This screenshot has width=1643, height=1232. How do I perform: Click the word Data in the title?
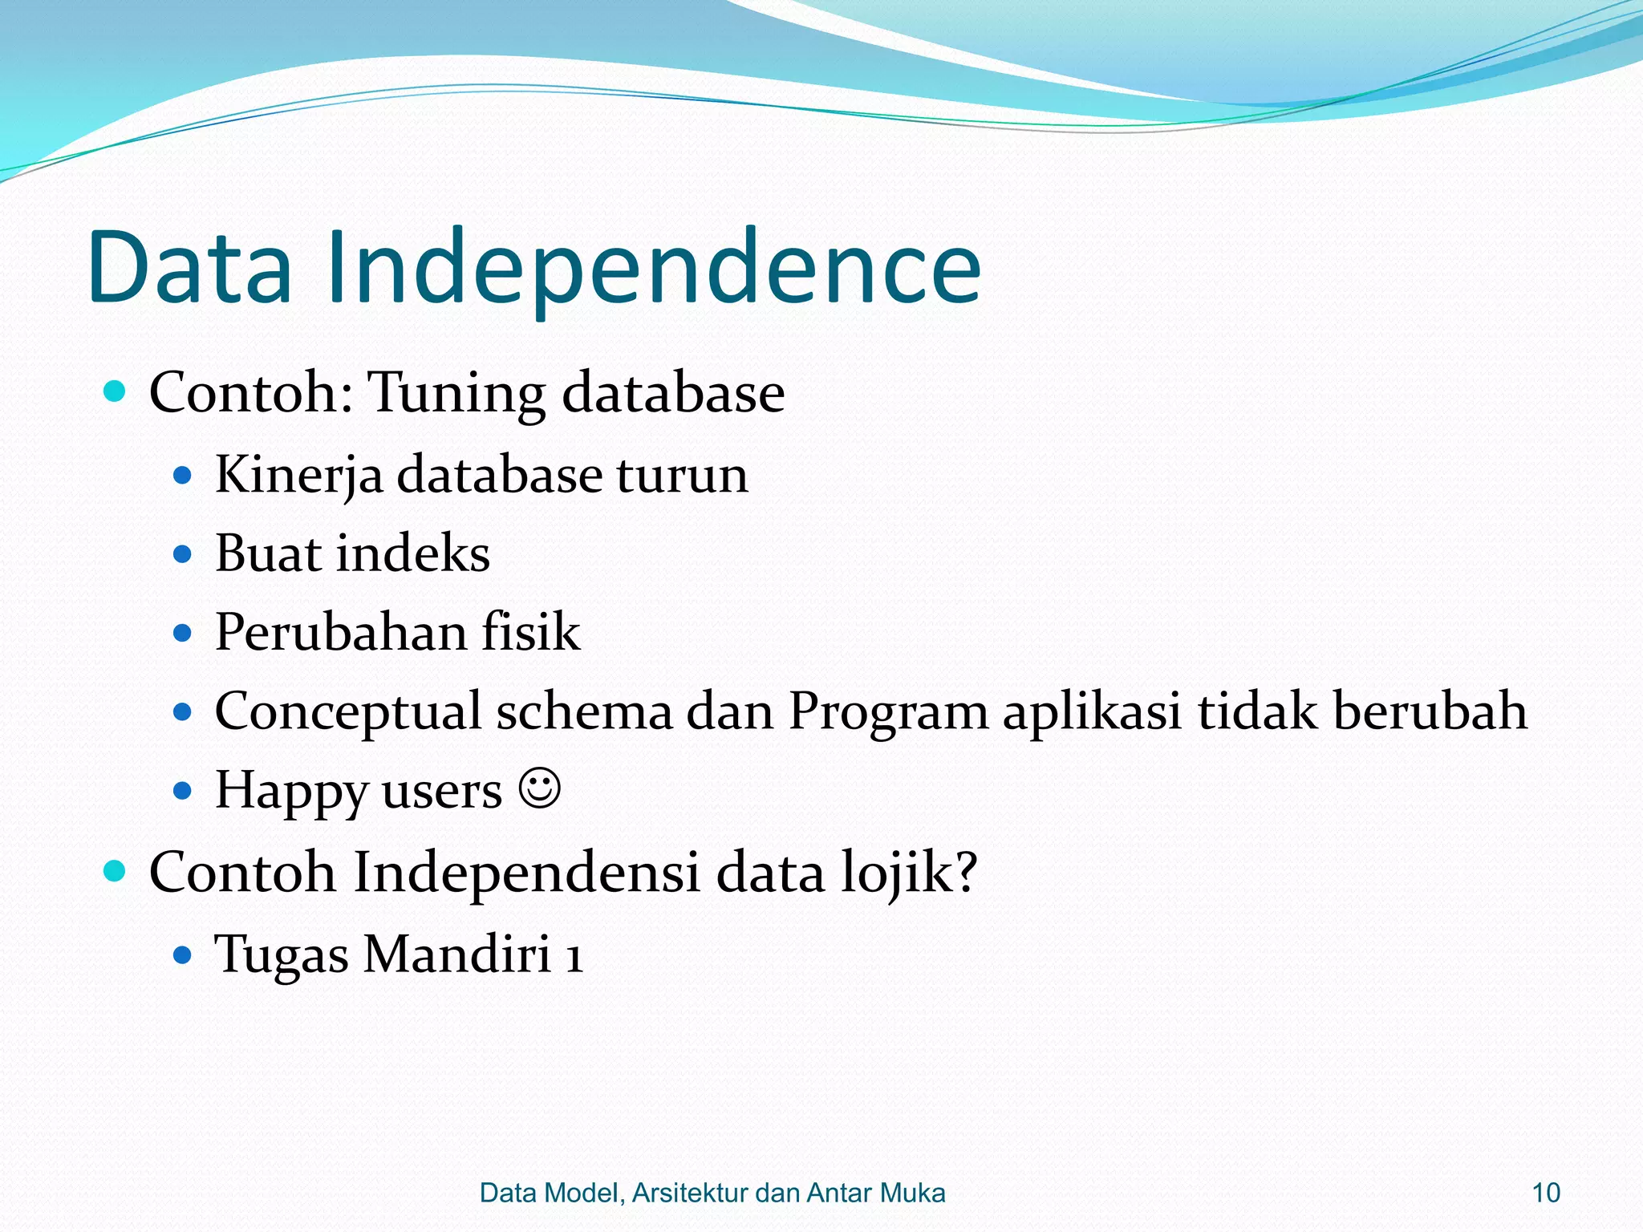[x=190, y=269]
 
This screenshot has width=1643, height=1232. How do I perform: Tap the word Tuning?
[x=456, y=395]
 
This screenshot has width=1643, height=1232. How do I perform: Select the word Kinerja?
[x=298, y=475]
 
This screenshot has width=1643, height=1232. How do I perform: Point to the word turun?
[x=682, y=475]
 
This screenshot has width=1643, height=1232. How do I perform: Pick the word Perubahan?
[x=341, y=632]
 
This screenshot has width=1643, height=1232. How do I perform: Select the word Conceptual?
[x=347, y=712]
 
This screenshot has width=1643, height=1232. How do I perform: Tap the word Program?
[x=888, y=712]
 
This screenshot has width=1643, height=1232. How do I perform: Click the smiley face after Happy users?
[x=539, y=789]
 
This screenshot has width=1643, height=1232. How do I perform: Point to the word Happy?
[x=290, y=791]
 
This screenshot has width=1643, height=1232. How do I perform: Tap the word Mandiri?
[x=457, y=954]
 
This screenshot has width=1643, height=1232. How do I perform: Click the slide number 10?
[x=1545, y=1193]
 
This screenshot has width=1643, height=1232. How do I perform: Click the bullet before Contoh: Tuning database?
[x=116, y=391]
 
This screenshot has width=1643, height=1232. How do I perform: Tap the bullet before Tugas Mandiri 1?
[x=183, y=954]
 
